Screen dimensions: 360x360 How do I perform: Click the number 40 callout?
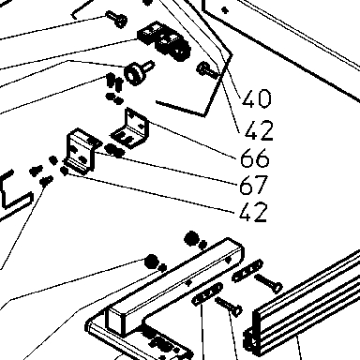[257, 98]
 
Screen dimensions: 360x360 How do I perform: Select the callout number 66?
[255, 157]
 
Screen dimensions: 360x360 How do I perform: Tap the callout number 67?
[254, 185]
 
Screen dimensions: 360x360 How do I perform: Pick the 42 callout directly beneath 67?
[253, 212]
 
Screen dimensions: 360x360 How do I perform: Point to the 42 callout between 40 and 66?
[259, 130]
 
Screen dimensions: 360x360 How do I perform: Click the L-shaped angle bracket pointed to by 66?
[131, 128]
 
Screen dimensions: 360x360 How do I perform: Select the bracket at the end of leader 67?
[82, 151]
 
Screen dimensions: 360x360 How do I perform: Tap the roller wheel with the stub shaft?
[137, 72]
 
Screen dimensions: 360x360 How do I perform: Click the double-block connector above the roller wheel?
[164, 40]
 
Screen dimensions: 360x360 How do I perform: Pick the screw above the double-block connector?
[116, 18]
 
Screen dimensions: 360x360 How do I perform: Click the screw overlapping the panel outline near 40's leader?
[208, 70]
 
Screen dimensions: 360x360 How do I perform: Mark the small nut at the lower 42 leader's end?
[65, 172]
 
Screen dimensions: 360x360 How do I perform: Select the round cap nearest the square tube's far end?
[192, 238]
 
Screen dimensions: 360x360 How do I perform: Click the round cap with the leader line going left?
[152, 261]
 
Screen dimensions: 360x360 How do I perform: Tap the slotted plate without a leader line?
[247, 271]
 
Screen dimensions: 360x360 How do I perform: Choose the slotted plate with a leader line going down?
[207, 294]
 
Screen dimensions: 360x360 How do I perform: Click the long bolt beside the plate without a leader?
[269, 283]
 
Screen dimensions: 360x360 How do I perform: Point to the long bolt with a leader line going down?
[229, 306]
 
